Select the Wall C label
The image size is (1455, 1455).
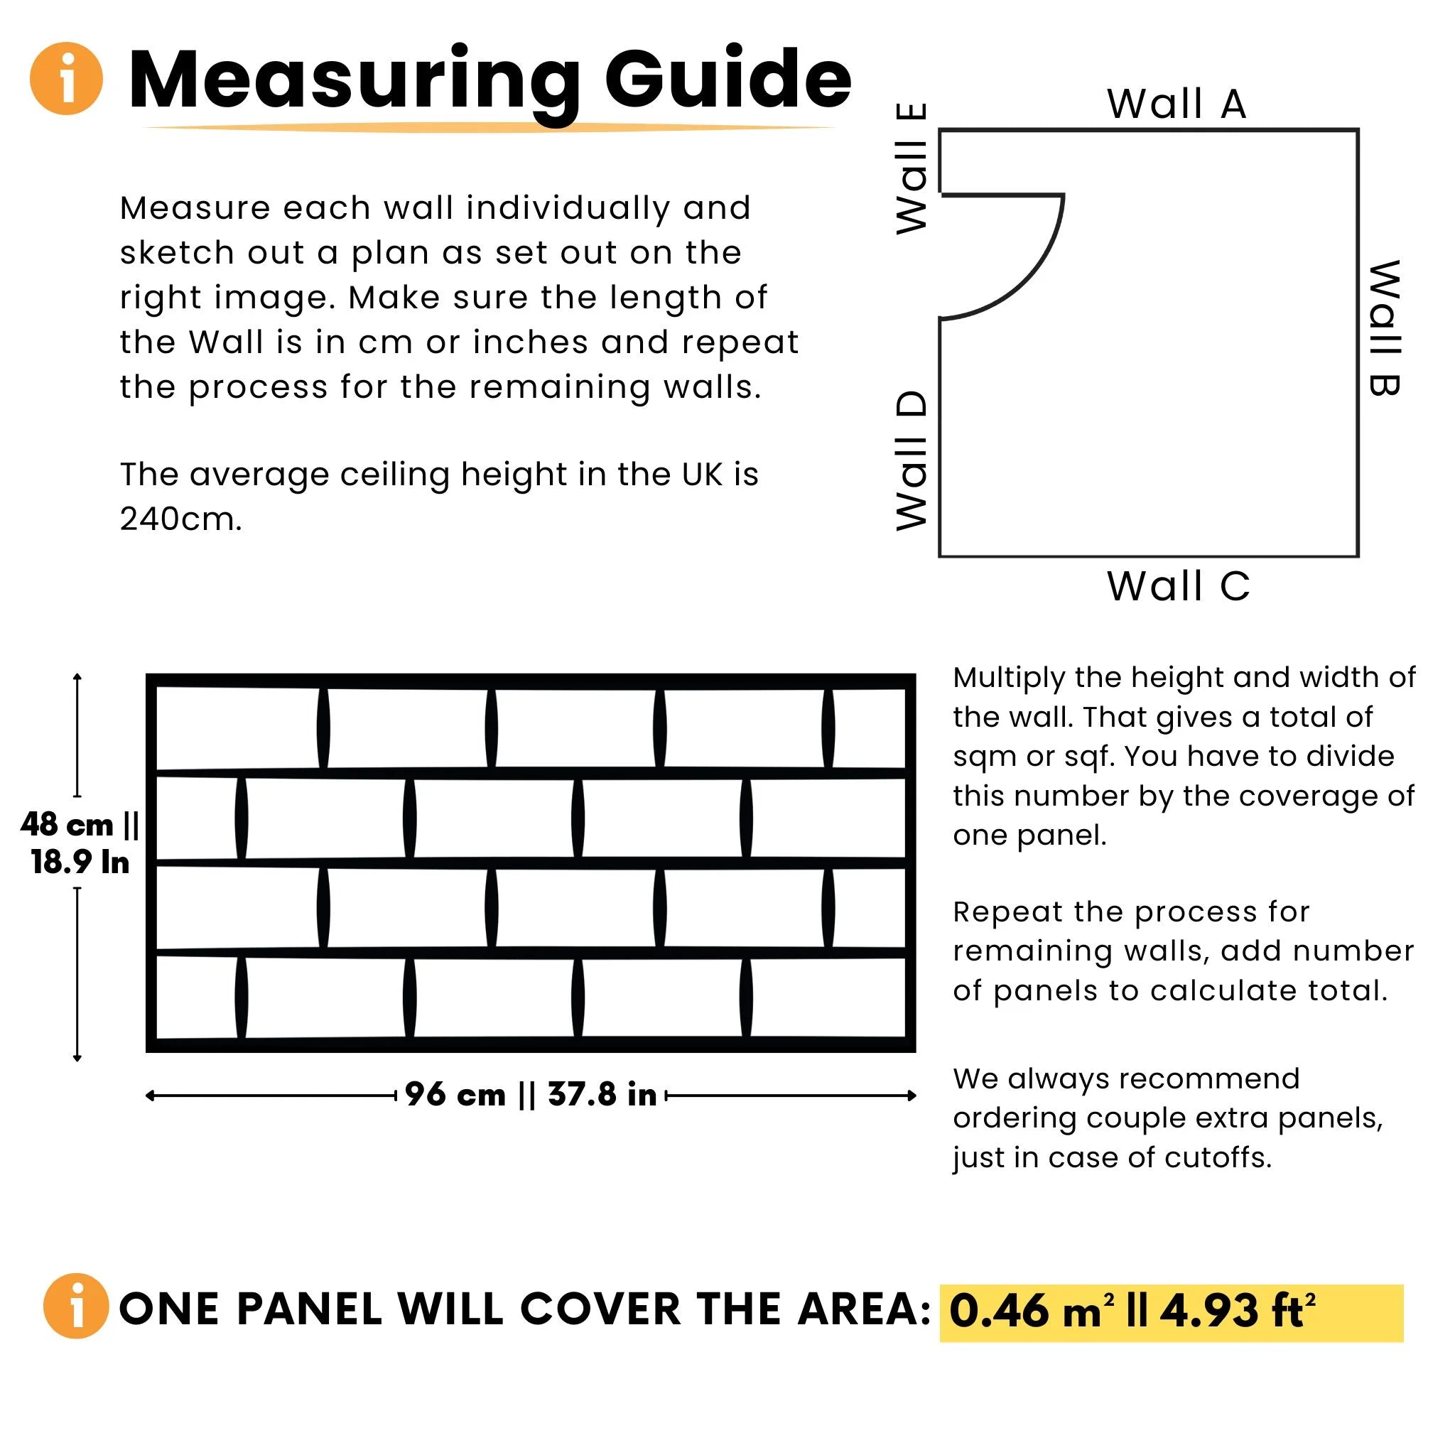coord(1179,586)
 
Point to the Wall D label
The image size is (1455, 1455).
coord(912,461)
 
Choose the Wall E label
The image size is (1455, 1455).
coord(912,168)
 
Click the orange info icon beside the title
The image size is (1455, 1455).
coord(66,78)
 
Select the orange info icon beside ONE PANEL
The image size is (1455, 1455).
coord(75,1308)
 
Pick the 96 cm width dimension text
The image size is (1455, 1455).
coord(455,1095)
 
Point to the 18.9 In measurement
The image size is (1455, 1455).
coord(80,862)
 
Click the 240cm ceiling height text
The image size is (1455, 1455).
coord(180,519)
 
